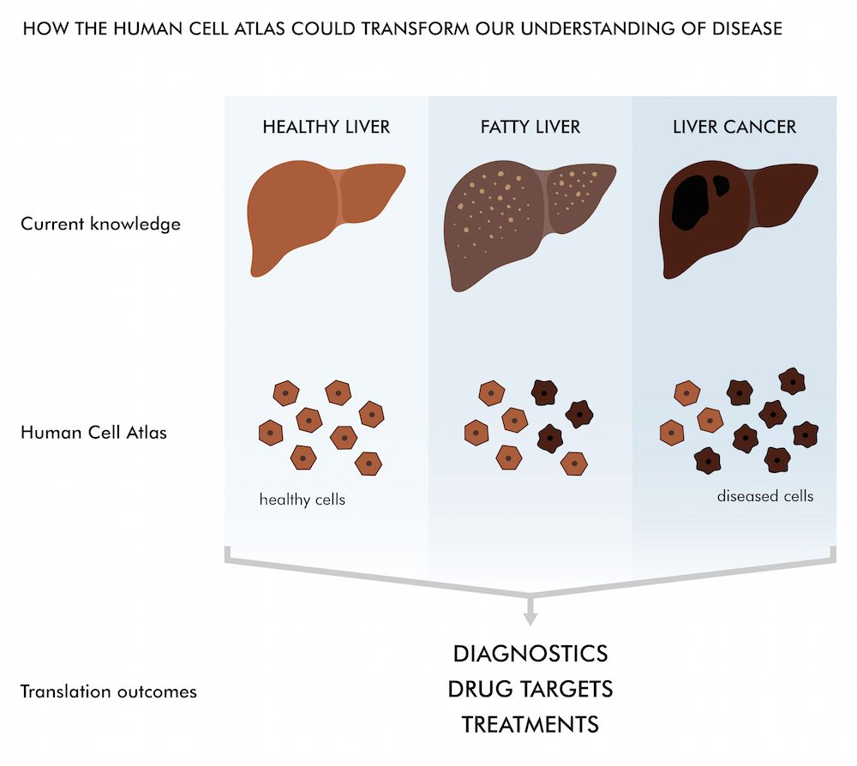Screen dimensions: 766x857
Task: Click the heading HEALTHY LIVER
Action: click(326, 127)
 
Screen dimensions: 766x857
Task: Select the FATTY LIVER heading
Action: click(530, 127)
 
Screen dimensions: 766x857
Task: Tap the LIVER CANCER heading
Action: click(734, 127)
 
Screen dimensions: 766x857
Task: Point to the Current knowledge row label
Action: click(100, 224)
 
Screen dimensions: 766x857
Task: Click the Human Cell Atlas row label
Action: click(93, 432)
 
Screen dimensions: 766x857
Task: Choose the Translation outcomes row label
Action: click(109, 691)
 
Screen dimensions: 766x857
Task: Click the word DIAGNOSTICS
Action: click(530, 654)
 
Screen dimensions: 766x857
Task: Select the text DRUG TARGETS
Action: click(530, 689)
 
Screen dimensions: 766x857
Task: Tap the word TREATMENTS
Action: click(530, 724)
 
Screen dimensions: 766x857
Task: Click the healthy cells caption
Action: click(302, 499)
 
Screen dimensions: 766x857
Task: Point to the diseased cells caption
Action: click(765, 495)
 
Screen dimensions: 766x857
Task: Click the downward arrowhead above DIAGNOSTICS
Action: click(530, 614)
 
